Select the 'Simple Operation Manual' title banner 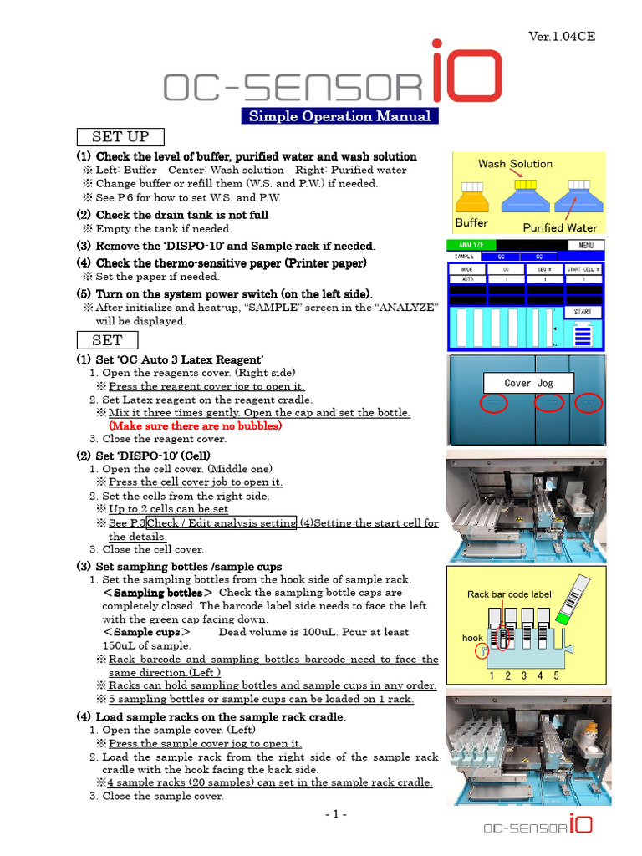[x=339, y=116]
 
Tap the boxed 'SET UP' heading [x=120, y=137]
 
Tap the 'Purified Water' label [x=559, y=227]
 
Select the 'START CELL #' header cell [x=583, y=269]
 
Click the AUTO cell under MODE [x=467, y=280]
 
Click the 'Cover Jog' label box [x=528, y=383]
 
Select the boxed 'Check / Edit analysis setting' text [x=222, y=522]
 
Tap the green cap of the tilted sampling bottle [x=562, y=615]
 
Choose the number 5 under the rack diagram [x=556, y=675]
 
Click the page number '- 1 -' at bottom [x=338, y=814]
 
